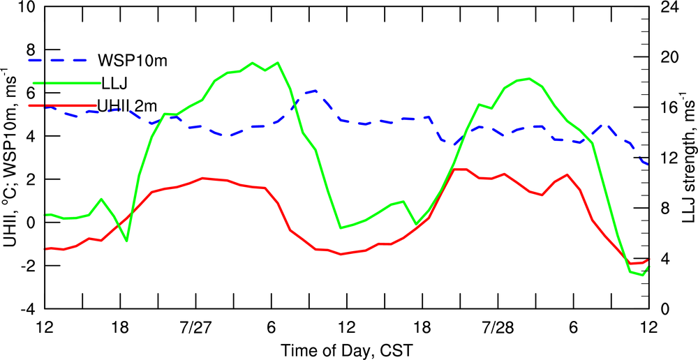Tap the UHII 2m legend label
point(137,105)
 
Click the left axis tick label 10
point(27,8)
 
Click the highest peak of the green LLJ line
point(278,63)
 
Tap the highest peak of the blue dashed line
point(316,91)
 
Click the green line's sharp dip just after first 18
point(126,241)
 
